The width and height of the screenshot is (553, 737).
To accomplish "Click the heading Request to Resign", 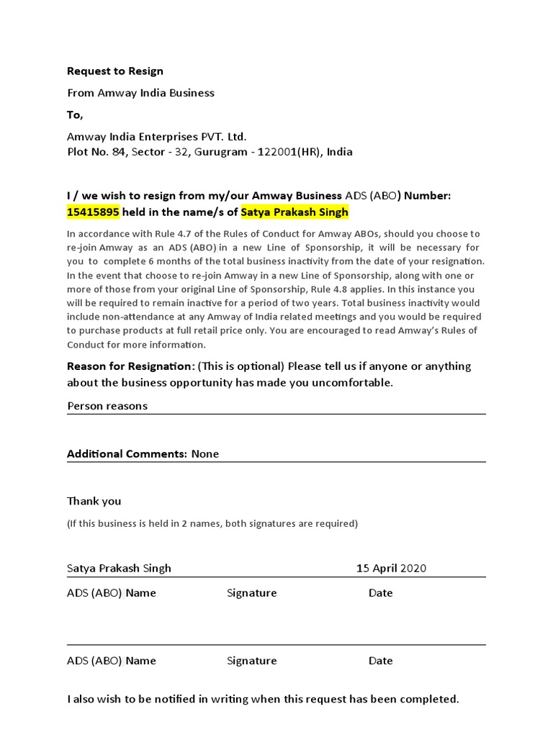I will [115, 71].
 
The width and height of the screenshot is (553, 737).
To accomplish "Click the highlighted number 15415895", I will [94, 212].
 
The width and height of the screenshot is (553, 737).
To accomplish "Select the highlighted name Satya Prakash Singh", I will [295, 212].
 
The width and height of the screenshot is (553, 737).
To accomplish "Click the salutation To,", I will [75, 114].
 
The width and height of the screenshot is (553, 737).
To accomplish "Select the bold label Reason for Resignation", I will [130, 366].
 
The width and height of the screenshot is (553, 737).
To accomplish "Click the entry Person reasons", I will [107, 406].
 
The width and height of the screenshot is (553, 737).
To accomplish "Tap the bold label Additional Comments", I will [127, 454].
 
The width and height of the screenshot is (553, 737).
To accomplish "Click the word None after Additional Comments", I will [205, 454].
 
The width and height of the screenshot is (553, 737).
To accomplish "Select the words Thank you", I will [94, 501].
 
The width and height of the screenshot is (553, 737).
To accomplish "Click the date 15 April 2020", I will [391, 569].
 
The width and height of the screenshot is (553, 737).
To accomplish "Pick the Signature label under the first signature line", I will [251, 593].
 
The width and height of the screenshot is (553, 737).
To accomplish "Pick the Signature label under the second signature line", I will [251, 661].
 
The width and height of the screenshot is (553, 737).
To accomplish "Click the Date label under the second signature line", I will [380, 661].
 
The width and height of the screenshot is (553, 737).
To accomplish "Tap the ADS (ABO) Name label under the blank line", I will [112, 661].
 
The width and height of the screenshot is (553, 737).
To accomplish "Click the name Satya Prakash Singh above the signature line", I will [119, 569].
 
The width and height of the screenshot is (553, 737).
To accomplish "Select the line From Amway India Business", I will [140, 93].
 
